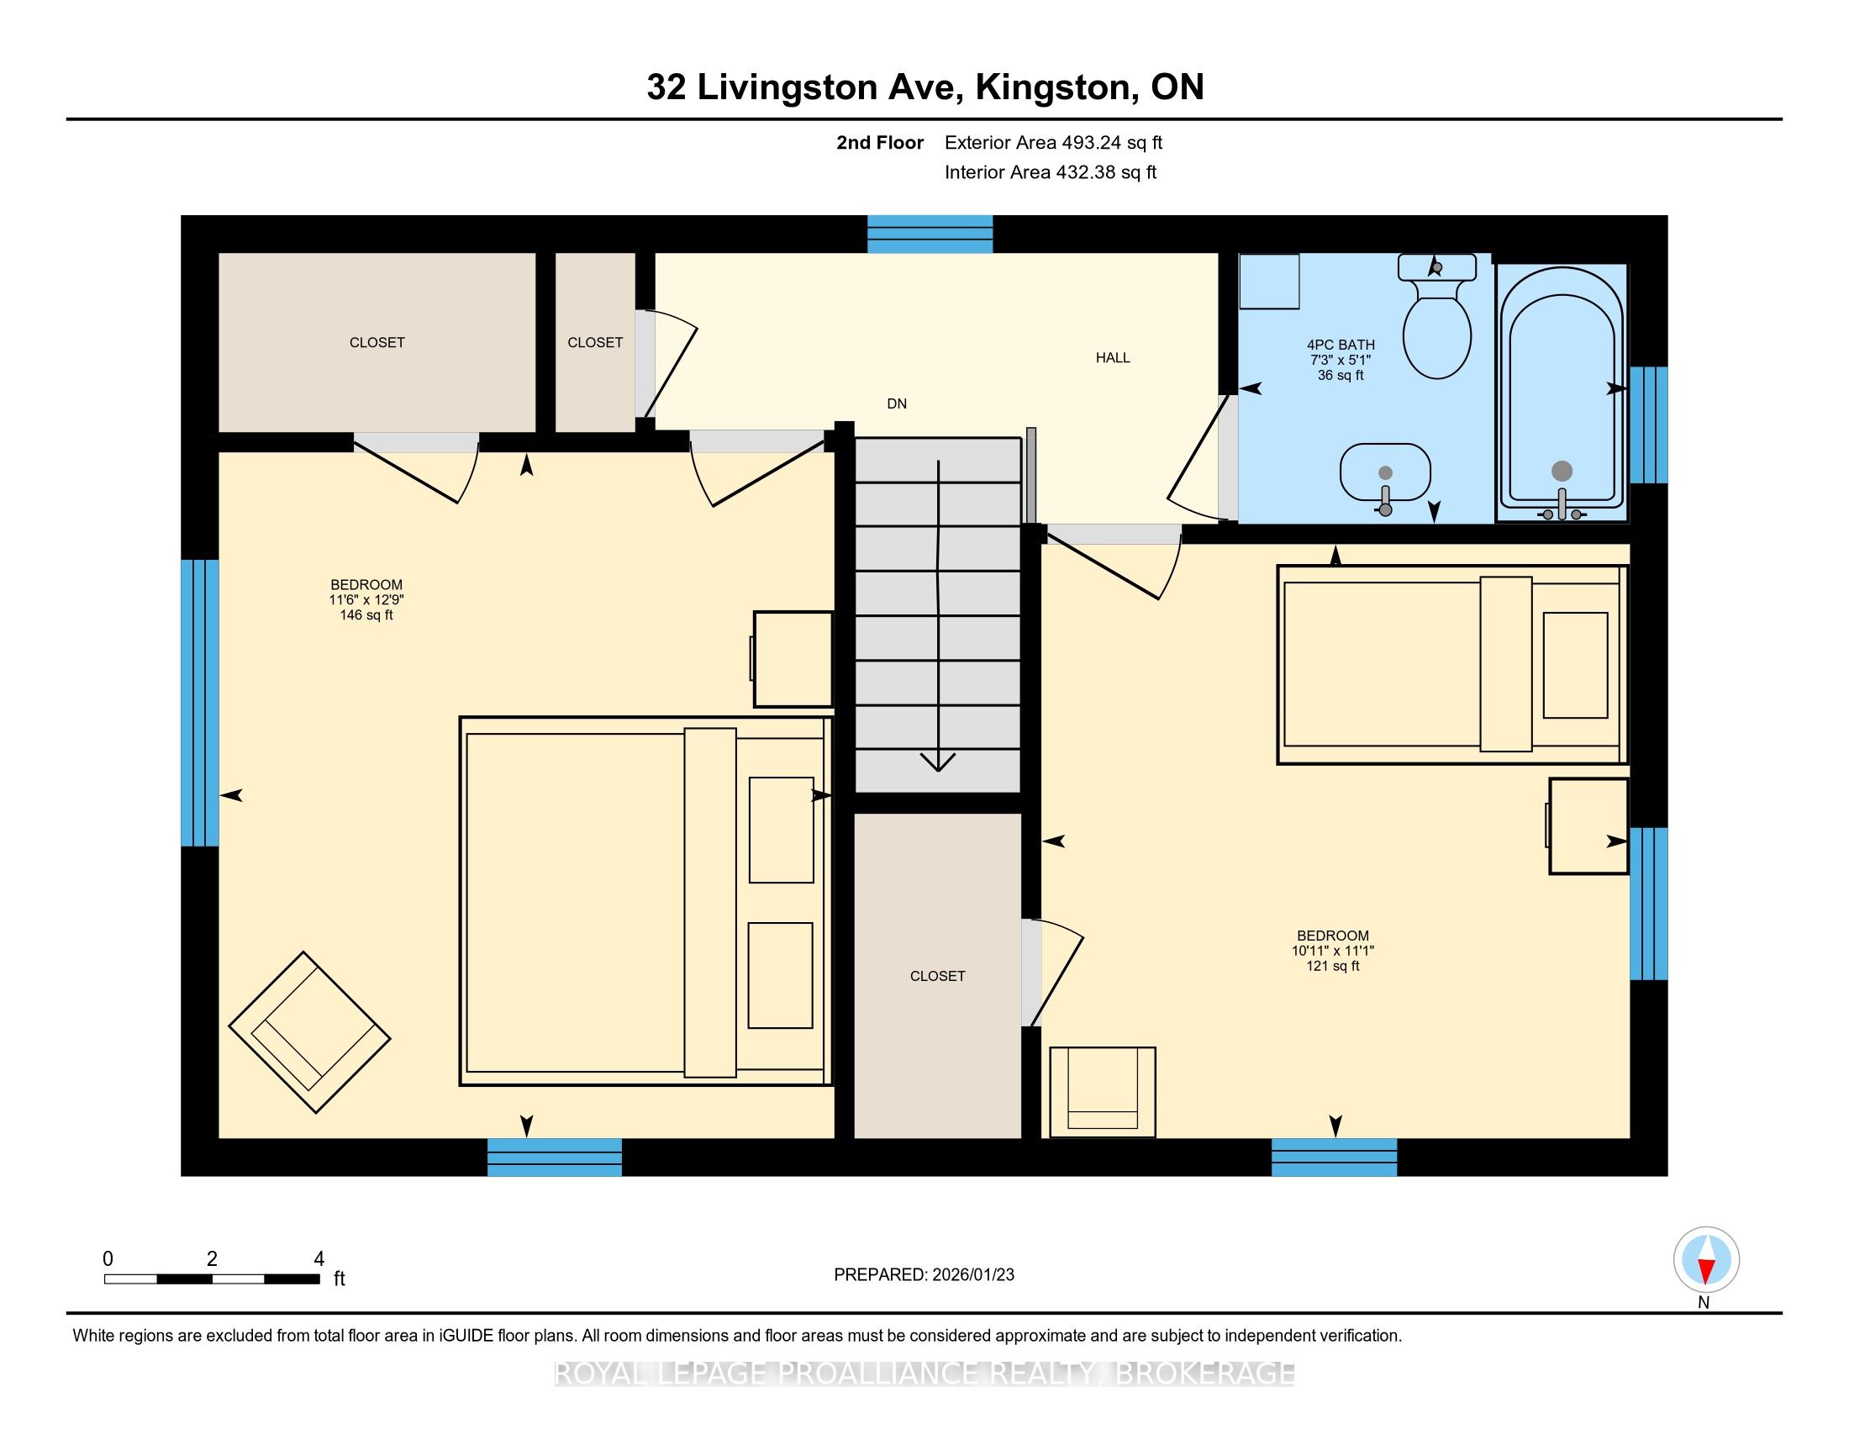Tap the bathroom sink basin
1385,473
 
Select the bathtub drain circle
1562,472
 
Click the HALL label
1113,357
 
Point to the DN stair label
897,403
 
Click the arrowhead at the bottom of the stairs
938,762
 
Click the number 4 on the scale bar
319,1259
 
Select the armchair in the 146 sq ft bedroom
310,1032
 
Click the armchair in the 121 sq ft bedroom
1103,1092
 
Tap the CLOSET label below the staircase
937,976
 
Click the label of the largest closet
377,342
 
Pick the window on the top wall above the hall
930,235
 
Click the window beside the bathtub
1648,424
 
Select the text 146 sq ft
366,615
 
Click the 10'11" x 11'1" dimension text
1333,951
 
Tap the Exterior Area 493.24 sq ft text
1054,142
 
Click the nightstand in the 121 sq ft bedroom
1588,825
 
